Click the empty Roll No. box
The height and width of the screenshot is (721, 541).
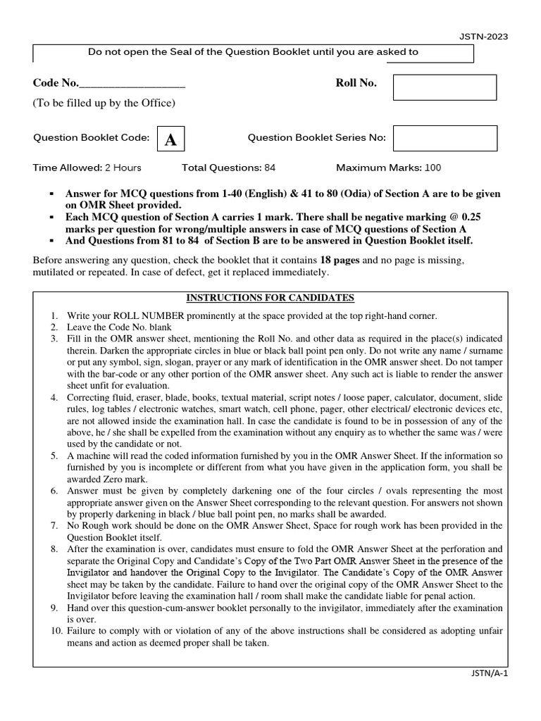click(x=444, y=87)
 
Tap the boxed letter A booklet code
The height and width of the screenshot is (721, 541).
click(x=170, y=139)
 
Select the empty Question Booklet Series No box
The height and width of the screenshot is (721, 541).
click(x=444, y=138)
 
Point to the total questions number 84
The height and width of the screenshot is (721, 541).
click(x=270, y=168)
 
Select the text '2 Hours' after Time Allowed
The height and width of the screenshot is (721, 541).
click(x=123, y=168)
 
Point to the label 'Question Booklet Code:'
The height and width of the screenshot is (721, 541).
click(x=92, y=138)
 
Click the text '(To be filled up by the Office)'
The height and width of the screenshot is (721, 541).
click(x=104, y=104)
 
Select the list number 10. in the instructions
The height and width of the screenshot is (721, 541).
click(x=56, y=632)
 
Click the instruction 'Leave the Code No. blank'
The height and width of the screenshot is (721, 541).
click(x=119, y=327)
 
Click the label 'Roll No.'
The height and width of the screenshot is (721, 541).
click(x=356, y=83)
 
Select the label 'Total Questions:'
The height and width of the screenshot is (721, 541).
click(x=221, y=168)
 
